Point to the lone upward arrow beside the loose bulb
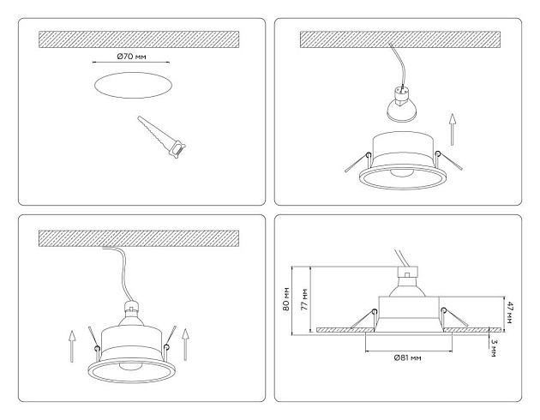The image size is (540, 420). (454, 127)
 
